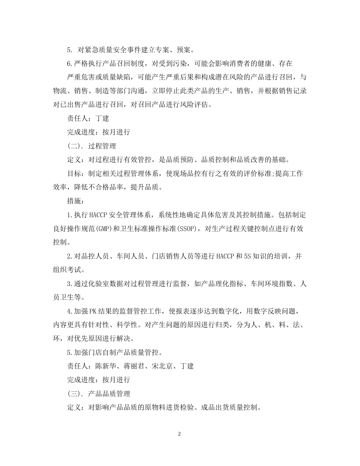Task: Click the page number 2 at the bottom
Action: click(180, 434)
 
